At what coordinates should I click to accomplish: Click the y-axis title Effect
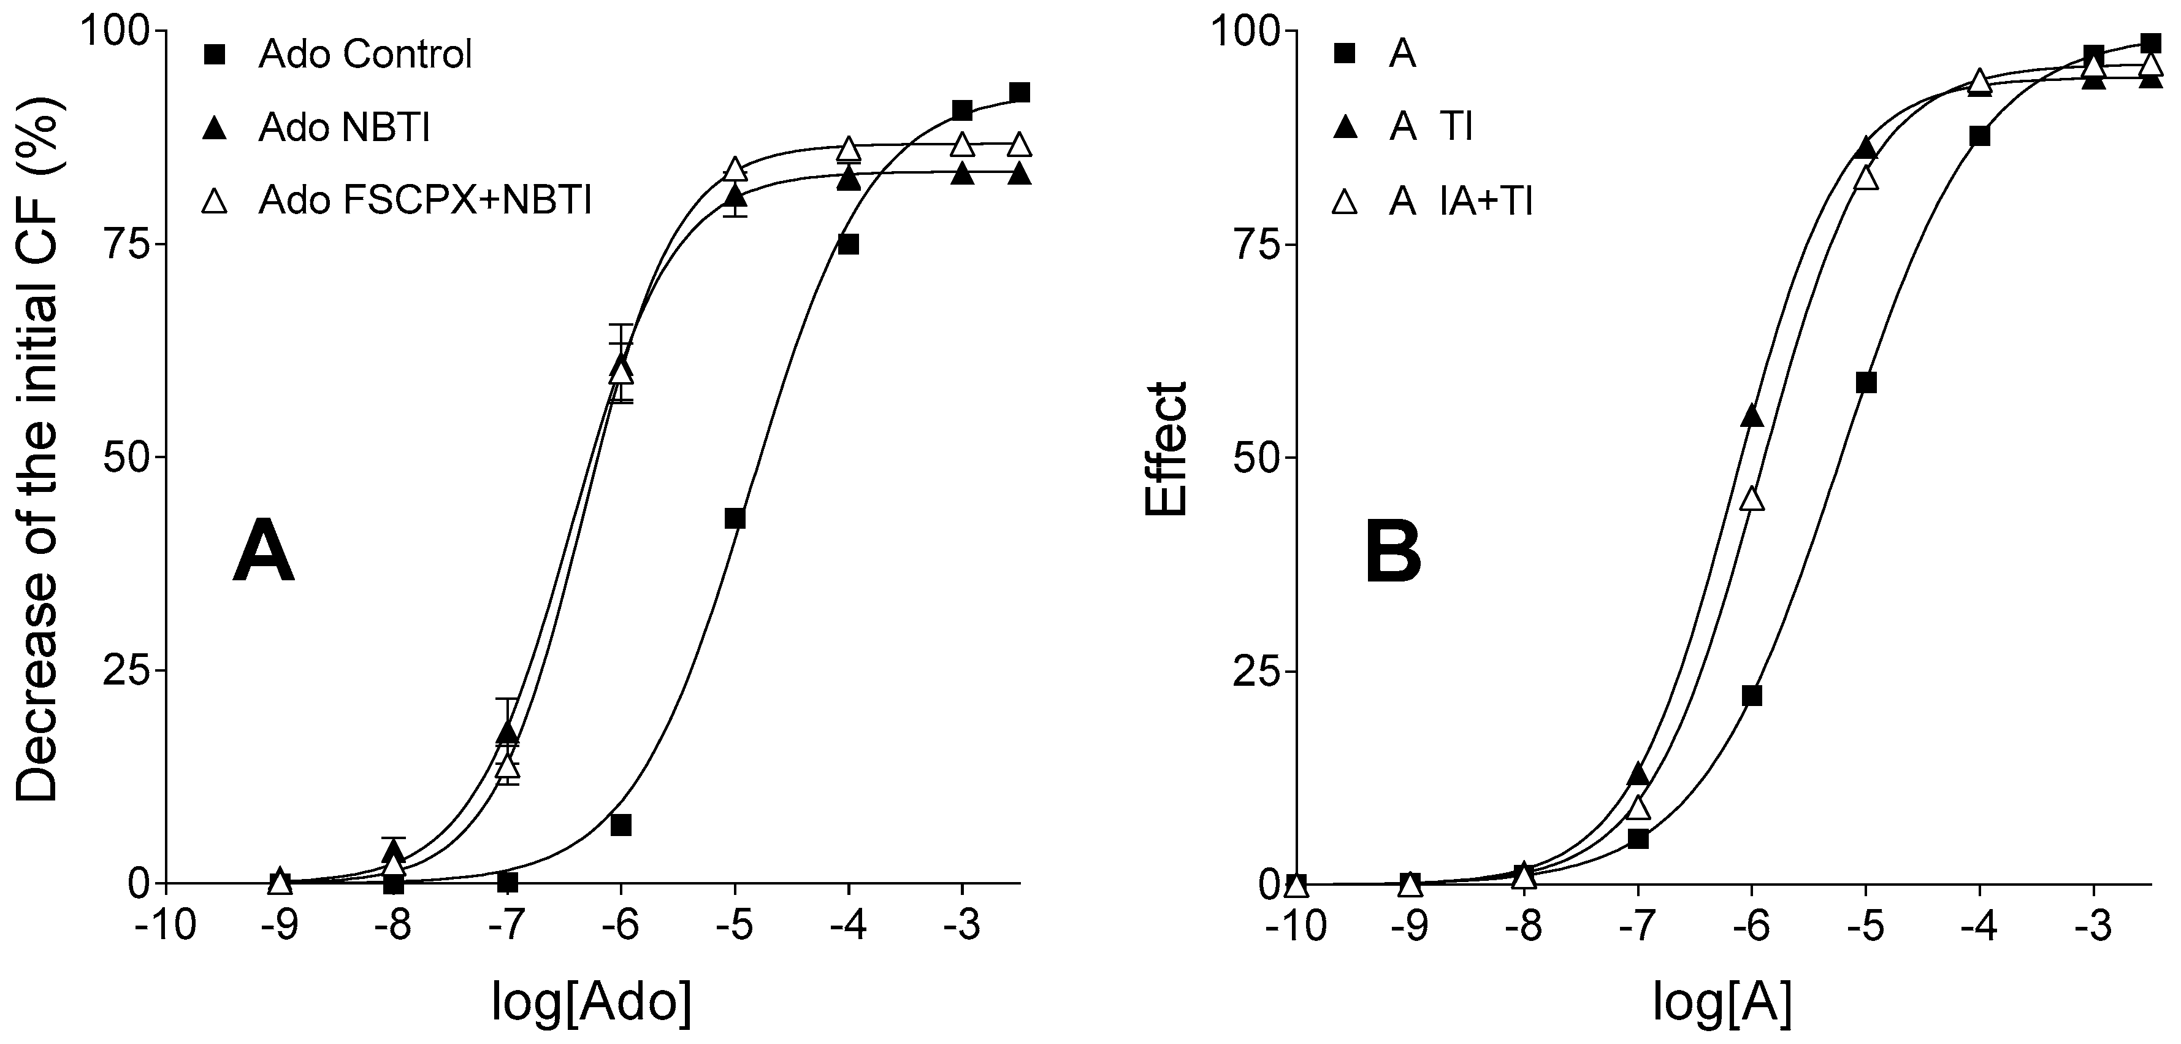click(1167, 449)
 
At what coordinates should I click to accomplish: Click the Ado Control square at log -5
click(735, 518)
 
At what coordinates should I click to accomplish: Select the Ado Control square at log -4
click(849, 245)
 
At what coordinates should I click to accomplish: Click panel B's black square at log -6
click(1752, 695)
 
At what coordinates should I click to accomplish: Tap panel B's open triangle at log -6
click(1752, 499)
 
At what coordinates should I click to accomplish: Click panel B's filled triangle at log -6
click(1752, 416)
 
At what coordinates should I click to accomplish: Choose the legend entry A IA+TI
click(1461, 202)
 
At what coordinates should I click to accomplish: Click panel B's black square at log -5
click(1866, 383)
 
